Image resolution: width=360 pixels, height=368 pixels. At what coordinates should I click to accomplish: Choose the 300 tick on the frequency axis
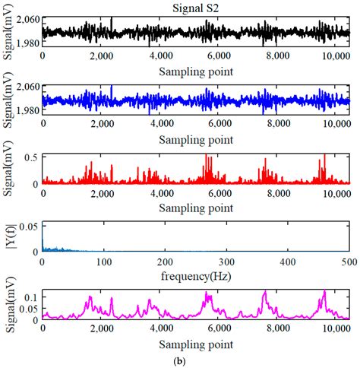226,262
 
